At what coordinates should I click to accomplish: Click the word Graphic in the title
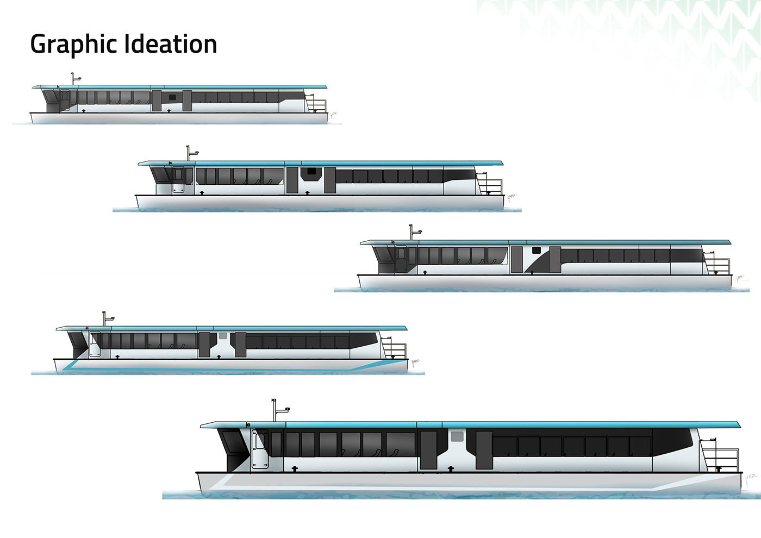[x=72, y=45]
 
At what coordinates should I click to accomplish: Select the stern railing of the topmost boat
[x=316, y=104]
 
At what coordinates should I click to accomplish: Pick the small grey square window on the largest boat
[x=457, y=436]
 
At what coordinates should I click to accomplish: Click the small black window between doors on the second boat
[x=311, y=172]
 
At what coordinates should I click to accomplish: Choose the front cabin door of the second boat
[x=178, y=180]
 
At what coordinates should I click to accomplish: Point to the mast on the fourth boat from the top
[x=104, y=319]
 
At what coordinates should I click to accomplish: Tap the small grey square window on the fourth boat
[x=222, y=336]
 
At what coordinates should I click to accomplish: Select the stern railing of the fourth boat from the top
[x=394, y=349]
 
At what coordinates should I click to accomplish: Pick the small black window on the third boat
[x=537, y=251]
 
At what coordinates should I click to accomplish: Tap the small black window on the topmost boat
[x=173, y=97]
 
